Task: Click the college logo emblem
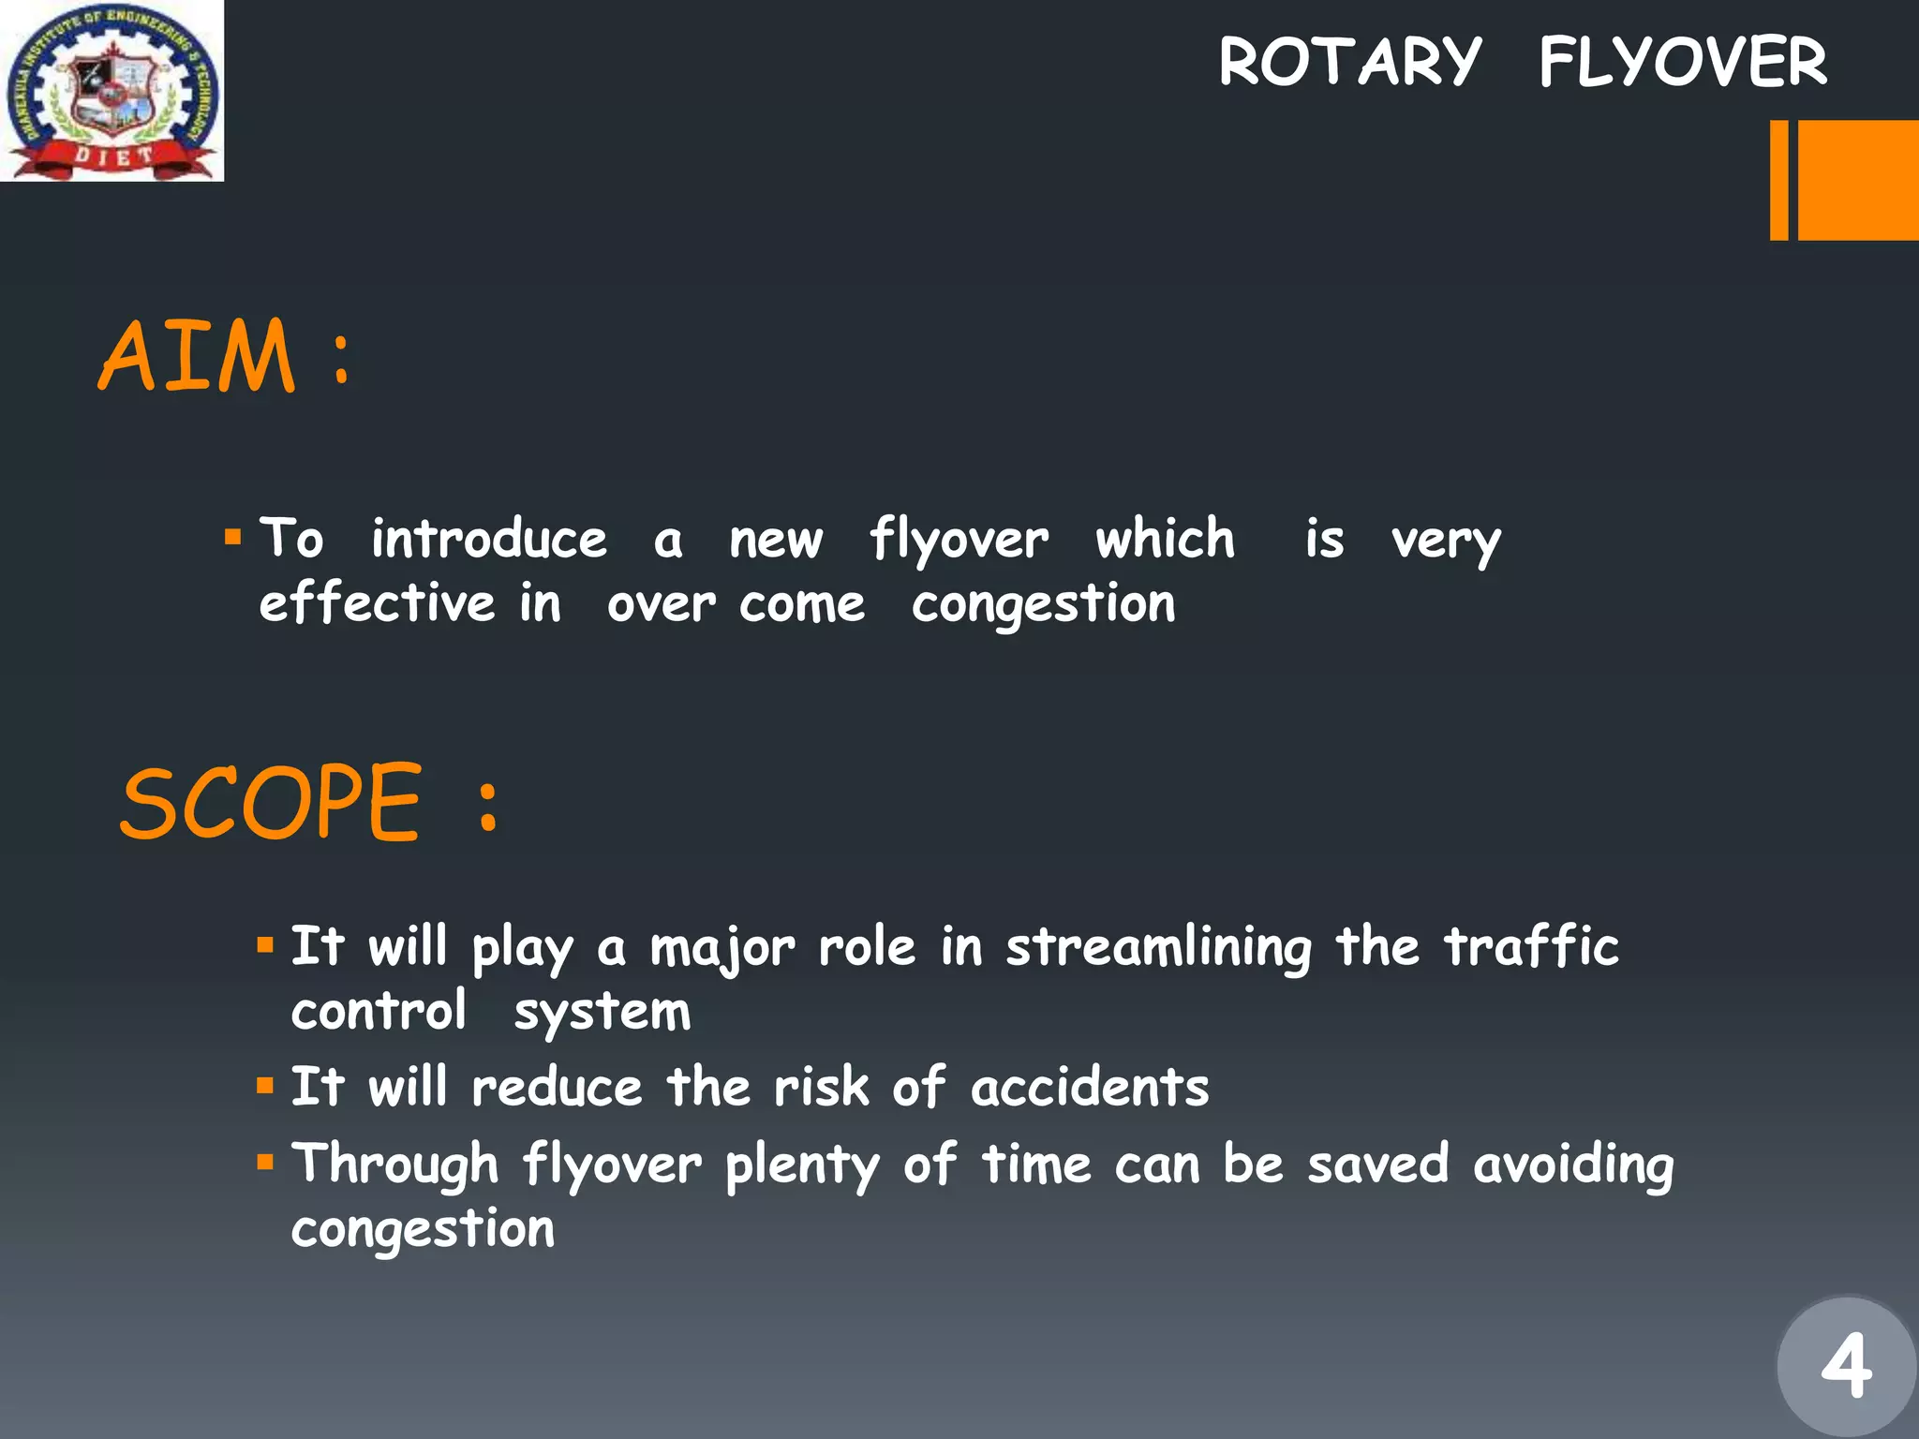point(112,91)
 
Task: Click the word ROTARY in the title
point(1349,63)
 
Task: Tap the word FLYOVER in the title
point(1682,63)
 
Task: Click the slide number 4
point(1846,1367)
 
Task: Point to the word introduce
point(489,540)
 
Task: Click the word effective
point(377,603)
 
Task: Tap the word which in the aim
point(1166,540)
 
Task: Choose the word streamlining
point(1158,948)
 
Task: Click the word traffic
point(1531,946)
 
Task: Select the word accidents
point(1090,1089)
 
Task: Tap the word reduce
point(557,1089)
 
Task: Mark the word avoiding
point(1573,1165)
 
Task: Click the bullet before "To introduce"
point(233,538)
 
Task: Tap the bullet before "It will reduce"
point(265,1087)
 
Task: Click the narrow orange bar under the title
point(1778,180)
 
